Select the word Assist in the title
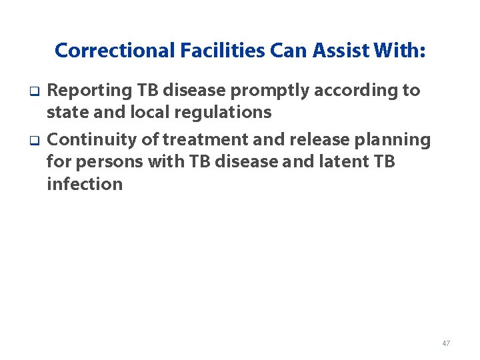coord(330,51)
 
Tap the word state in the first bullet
coord(67,112)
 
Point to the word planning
coord(395,140)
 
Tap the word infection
coord(85,184)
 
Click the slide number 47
coord(446,343)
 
